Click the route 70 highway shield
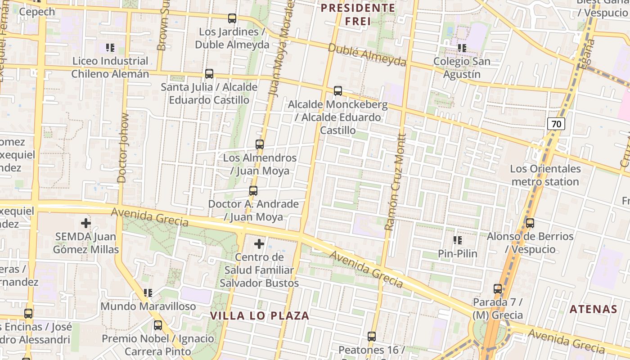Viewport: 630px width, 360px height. tap(556, 124)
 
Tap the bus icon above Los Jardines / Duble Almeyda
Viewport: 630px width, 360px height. tap(232, 18)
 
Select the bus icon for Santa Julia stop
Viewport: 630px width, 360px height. tap(209, 74)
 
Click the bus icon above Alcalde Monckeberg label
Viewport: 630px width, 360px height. tap(338, 91)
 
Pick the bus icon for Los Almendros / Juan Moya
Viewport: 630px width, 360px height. tap(260, 144)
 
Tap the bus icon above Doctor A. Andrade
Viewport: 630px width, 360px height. tap(253, 191)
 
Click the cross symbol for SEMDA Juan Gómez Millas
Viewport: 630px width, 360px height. tap(85, 223)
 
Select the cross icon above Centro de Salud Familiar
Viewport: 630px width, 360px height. tap(259, 244)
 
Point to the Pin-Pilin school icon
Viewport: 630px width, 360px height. tap(458, 240)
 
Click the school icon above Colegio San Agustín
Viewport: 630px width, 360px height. tap(462, 48)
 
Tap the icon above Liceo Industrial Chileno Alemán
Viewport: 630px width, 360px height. tap(110, 47)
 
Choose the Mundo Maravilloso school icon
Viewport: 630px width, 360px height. tap(148, 293)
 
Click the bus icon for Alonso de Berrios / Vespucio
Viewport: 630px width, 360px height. tap(530, 223)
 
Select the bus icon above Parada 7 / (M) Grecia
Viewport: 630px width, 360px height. tap(498, 289)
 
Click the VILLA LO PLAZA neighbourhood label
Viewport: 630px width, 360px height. tap(260, 315)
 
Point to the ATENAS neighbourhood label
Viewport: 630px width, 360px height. tap(593, 309)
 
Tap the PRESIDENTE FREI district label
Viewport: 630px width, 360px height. tap(358, 14)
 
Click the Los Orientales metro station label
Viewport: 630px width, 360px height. tap(545, 175)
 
